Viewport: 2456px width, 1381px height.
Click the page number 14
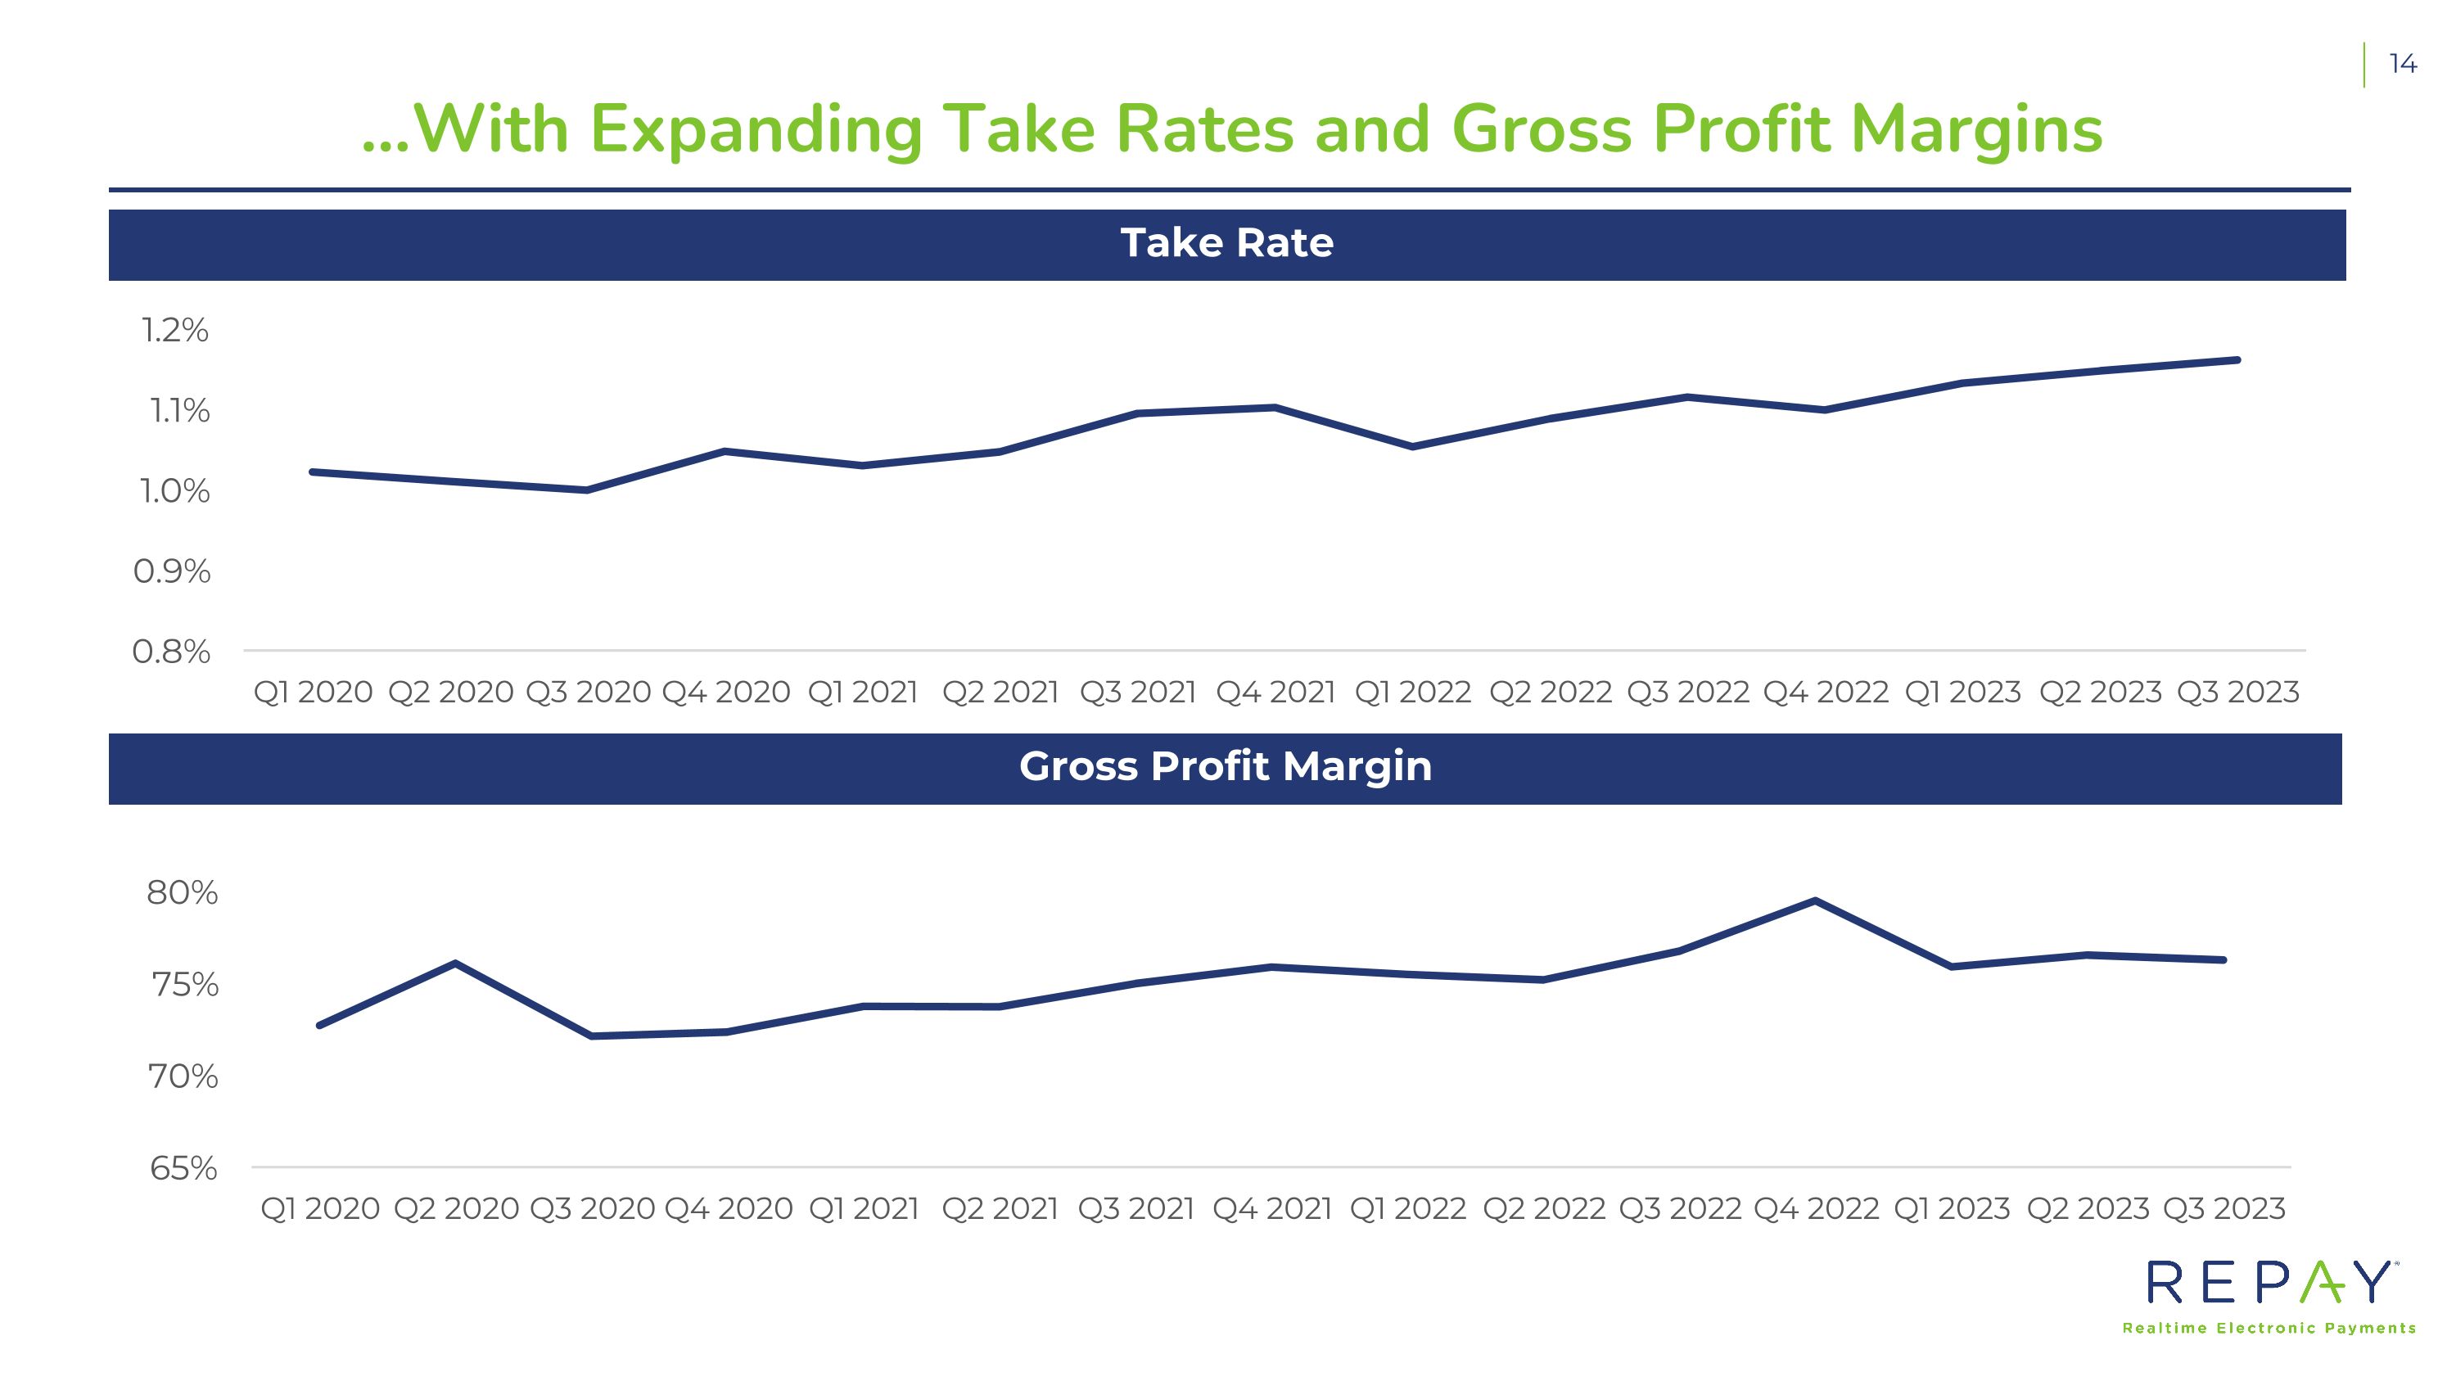click(x=2403, y=64)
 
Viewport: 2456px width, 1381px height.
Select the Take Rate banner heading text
click(x=1227, y=243)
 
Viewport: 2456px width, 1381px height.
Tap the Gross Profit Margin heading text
click(x=1226, y=767)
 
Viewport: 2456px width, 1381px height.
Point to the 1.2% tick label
click(x=174, y=330)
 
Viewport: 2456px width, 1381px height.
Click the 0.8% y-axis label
click(x=172, y=652)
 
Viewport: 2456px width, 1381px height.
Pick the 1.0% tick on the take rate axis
click(x=174, y=491)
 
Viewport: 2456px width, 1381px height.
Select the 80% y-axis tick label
click(x=182, y=893)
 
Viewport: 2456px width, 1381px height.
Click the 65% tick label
click(x=184, y=1168)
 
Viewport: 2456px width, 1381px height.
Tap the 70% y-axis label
click(x=183, y=1077)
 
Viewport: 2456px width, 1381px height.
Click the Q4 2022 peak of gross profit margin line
click(x=1815, y=900)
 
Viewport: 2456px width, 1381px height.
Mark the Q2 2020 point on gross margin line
click(x=456, y=964)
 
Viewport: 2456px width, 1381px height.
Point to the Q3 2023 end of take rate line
click(x=2237, y=360)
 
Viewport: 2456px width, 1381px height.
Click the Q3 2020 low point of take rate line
click(x=586, y=490)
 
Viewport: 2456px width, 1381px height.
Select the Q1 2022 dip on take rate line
click(x=1412, y=446)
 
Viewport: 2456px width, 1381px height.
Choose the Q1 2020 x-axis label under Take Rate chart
click(x=313, y=692)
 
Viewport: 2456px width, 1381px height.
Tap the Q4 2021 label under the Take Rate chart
click(x=1275, y=692)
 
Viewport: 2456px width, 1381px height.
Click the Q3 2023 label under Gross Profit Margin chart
click(x=2224, y=1208)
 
